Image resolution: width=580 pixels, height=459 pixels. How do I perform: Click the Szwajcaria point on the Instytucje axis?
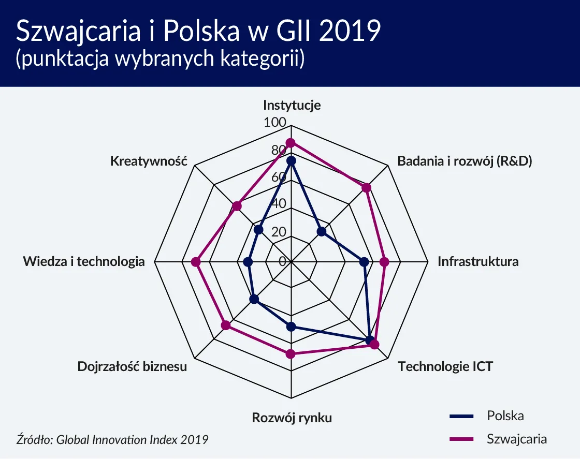coord(291,142)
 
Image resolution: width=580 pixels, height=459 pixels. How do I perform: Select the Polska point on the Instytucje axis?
coord(291,161)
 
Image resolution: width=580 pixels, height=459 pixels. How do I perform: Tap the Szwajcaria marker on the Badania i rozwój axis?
coord(367,187)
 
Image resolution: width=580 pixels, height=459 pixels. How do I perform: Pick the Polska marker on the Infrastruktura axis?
coord(364,262)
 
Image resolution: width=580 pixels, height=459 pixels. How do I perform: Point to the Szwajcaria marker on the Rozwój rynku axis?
coord(291,354)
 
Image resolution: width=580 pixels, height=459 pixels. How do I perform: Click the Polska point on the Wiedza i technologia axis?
coord(248,263)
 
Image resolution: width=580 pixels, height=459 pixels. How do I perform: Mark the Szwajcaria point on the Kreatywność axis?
coord(237,206)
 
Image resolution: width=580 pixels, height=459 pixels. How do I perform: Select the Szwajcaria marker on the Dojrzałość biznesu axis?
coord(226,325)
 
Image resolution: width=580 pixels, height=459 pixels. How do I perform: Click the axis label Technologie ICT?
coord(445,367)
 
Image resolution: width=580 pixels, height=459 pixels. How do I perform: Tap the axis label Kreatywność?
coord(148,161)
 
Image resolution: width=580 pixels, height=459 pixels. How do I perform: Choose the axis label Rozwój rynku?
coord(292,418)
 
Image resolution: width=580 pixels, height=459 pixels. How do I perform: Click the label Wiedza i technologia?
coord(84,261)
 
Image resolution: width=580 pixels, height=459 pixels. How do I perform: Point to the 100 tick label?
coord(274,123)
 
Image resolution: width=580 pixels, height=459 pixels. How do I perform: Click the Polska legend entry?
coord(505,416)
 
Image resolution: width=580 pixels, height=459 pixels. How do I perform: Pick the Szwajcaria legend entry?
coord(516,439)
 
